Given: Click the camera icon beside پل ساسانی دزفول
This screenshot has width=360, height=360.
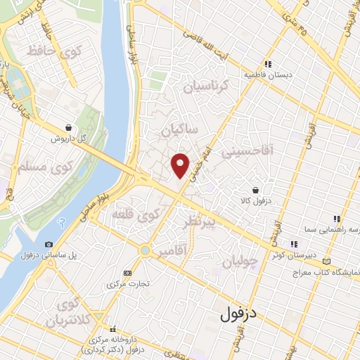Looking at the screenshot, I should (x=49, y=244).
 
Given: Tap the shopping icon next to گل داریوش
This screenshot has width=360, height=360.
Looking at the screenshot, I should (x=67, y=127).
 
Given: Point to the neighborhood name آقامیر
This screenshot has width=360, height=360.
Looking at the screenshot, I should (x=173, y=250).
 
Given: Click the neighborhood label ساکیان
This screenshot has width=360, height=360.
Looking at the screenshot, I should (x=179, y=131).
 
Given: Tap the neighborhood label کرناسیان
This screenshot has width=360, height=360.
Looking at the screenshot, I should (x=207, y=87).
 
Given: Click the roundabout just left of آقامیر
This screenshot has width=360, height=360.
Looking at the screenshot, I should (x=146, y=250).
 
